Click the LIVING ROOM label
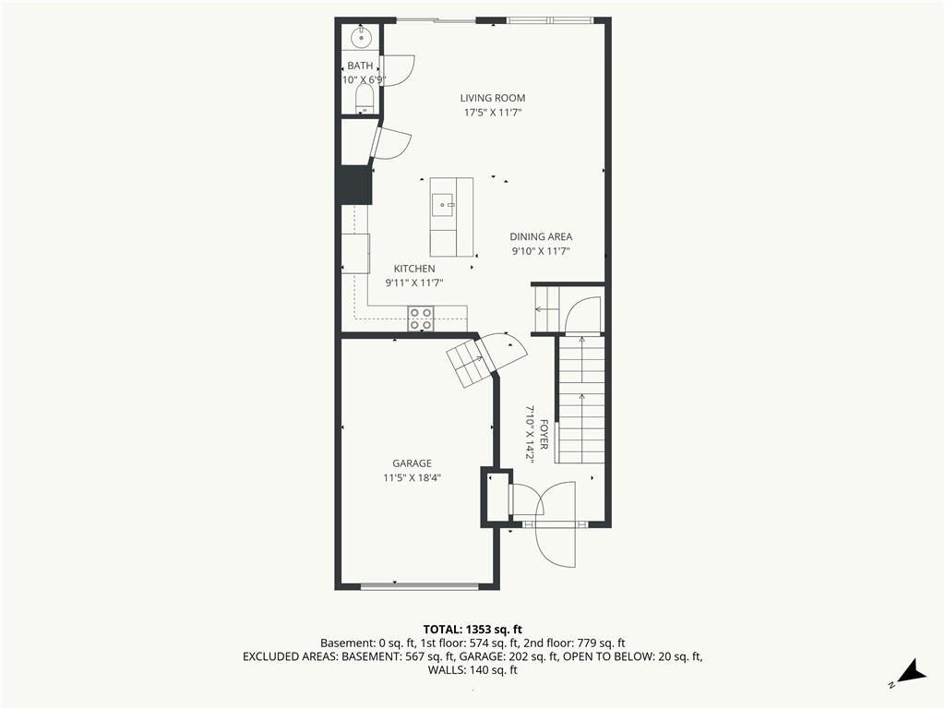[493, 98]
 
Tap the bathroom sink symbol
[361, 37]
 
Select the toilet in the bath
[365, 98]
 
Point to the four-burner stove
[421, 318]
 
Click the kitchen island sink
[443, 205]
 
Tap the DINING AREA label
[541, 237]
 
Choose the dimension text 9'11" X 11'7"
[414, 282]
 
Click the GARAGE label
[413, 463]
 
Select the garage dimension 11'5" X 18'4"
[413, 478]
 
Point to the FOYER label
[544, 434]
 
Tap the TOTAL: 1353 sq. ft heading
[472, 630]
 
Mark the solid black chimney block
[355, 185]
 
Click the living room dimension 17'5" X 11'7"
[493, 112]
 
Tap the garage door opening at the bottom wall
[420, 585]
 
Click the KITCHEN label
[414, 269]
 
